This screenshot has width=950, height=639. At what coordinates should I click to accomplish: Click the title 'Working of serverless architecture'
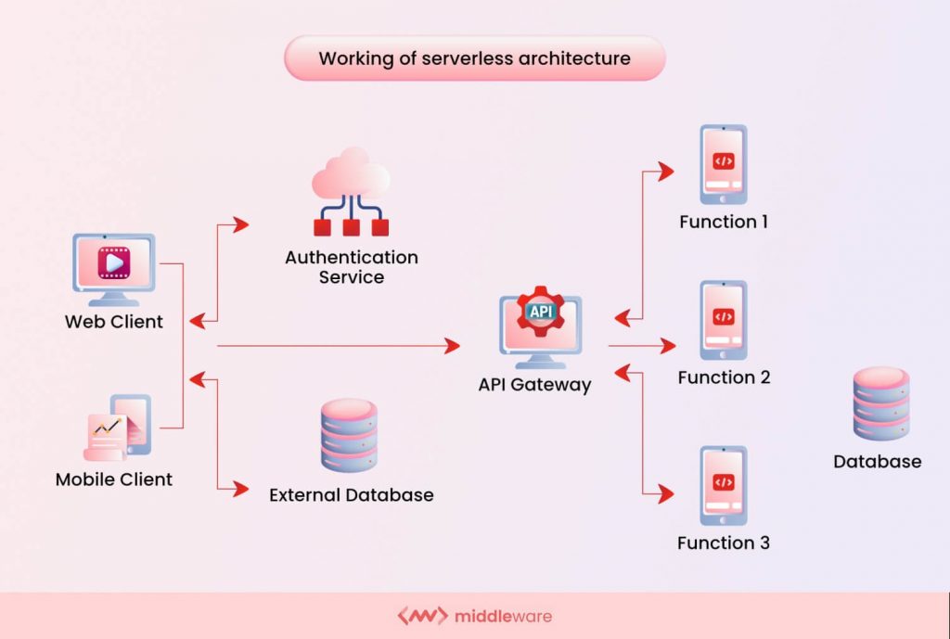tap(474, 58)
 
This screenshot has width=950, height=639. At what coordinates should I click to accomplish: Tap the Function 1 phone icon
tap(723, 165)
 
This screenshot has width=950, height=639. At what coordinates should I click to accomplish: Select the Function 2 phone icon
tap(723, 321)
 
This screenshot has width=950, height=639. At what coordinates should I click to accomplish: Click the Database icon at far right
tap(880, 403)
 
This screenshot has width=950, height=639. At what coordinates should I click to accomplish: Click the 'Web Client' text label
tap(113, 322)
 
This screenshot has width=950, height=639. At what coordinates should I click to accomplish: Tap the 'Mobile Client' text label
tap(114, 479)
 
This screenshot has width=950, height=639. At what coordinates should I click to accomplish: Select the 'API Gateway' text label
tap(534, 384)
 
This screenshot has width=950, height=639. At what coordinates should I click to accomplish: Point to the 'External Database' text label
tap(351, 495)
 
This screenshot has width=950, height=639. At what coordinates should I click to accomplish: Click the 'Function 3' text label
tap(723, 543)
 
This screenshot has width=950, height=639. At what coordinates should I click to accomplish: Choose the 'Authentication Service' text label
tap(351, 266)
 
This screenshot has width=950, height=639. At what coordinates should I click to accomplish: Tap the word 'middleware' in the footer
tap(504, 616)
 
